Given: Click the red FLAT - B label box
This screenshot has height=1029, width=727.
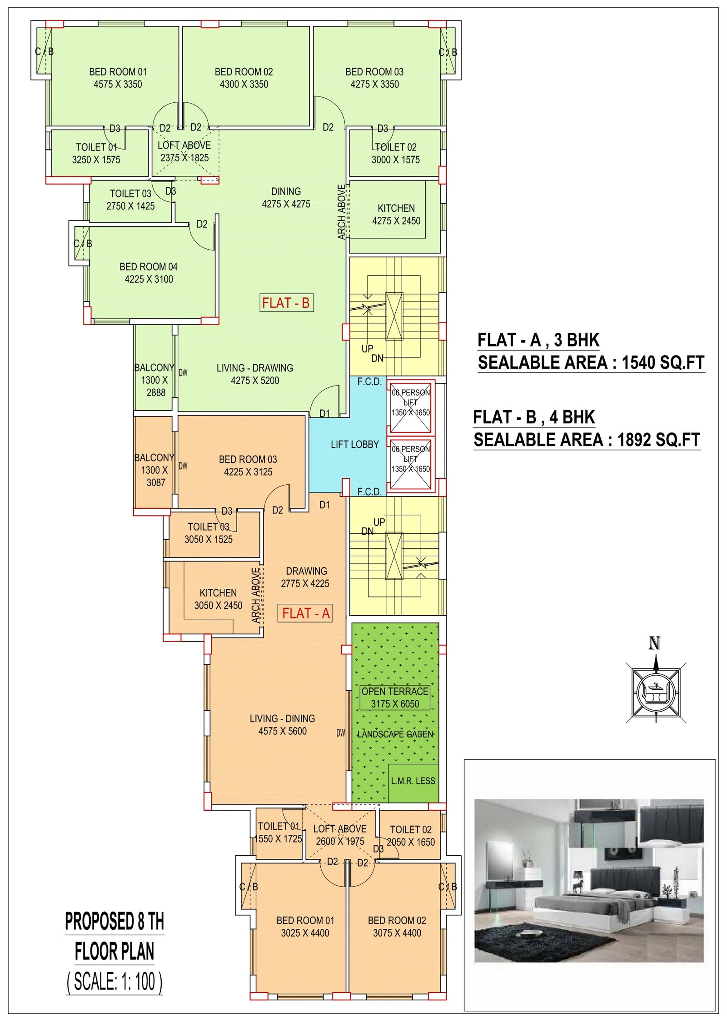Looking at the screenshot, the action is pos(286,303).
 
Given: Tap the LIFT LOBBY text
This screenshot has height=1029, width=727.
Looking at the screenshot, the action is pos(354,444).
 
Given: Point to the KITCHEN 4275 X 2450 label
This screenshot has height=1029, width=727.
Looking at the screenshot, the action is pos(396,215).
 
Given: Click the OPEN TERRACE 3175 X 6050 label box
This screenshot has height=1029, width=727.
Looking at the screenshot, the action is pos(395,698).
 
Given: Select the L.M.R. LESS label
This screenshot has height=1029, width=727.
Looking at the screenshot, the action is pos(413,781).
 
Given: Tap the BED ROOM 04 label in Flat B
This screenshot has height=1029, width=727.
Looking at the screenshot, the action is pos(149,273).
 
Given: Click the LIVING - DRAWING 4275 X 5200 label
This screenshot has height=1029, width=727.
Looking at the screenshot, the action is pos(255,374).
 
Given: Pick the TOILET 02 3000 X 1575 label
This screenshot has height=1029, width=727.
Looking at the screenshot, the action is pos(396,153).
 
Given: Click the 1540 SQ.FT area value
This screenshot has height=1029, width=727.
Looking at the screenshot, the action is pos(663,362).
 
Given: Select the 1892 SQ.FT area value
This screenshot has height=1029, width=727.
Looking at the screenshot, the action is pos(659,440).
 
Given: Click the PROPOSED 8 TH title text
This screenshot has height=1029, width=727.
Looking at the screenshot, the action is pos(115,921).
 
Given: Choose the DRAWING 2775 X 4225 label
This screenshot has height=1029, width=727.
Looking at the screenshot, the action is pos(305,577).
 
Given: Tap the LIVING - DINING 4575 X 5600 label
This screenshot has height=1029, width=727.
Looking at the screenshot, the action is pos(282,725).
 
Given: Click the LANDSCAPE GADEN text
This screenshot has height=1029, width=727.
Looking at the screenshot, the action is pos(395,734).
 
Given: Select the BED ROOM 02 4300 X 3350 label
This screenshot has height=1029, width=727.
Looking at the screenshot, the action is pos(244,78).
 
